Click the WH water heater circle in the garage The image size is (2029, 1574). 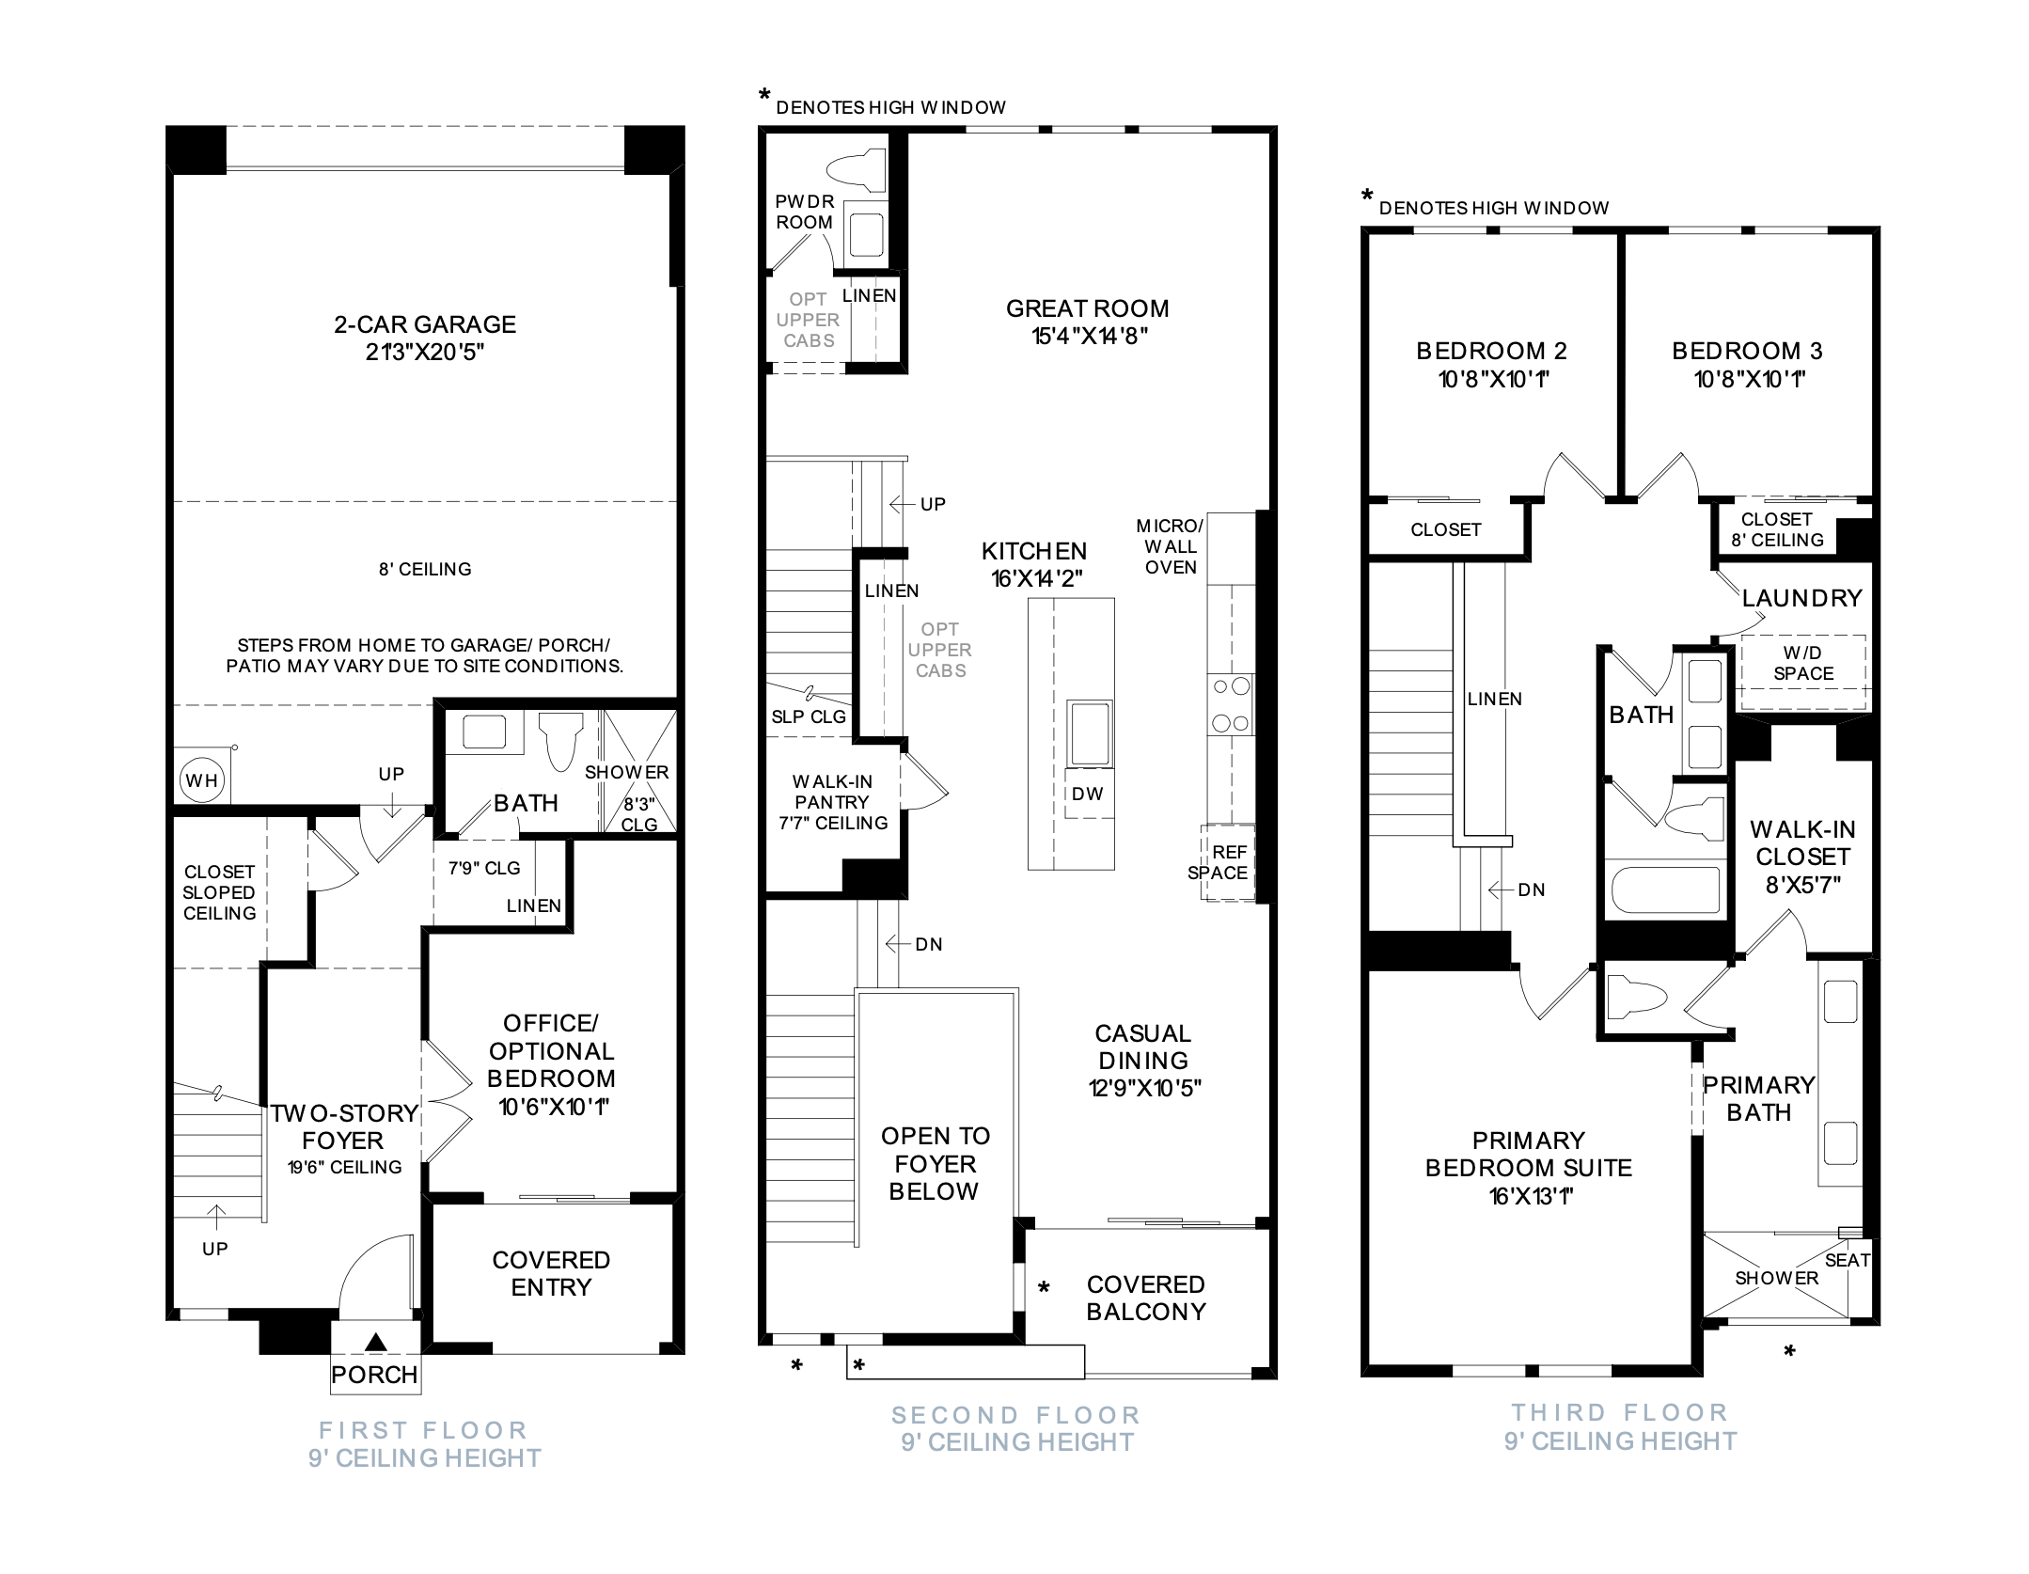pos(201,779)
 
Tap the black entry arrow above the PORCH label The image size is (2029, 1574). pos(375,1342)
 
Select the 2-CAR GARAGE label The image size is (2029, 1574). pos(425,324)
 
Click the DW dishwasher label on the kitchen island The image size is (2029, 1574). pos(1088,794)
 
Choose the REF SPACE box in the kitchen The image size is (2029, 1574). pos(1227,863)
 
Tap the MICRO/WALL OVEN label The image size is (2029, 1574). pos(1170,546)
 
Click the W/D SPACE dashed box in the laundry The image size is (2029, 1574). pos(1802,672)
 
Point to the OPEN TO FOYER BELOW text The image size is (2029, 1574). pos(935,1163)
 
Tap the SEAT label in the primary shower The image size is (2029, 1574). pos(1847,1260)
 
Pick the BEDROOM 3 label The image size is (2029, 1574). pos(1747,351)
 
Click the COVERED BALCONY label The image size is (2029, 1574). pos(1146,1298)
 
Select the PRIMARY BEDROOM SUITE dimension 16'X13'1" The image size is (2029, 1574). pos(1528,1196)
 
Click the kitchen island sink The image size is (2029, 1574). pos(1090,732)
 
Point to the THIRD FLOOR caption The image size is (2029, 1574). pos(1620,1412)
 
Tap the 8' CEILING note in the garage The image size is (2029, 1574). pos(425,569)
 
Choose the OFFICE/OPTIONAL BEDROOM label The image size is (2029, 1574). pos(551,1050)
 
